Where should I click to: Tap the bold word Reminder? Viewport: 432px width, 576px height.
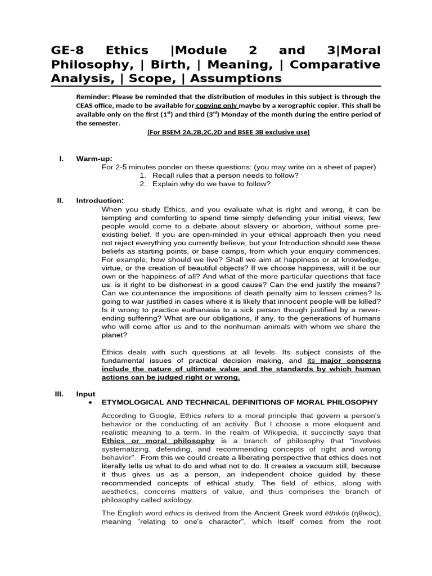pos(95,96)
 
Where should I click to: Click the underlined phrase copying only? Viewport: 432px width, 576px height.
pos(217,105)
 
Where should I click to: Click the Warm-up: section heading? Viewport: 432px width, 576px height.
pos(94,159)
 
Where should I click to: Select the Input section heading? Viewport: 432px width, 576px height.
pos(85,394)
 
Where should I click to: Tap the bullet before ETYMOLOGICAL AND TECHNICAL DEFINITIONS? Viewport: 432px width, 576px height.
pos(91,403)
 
